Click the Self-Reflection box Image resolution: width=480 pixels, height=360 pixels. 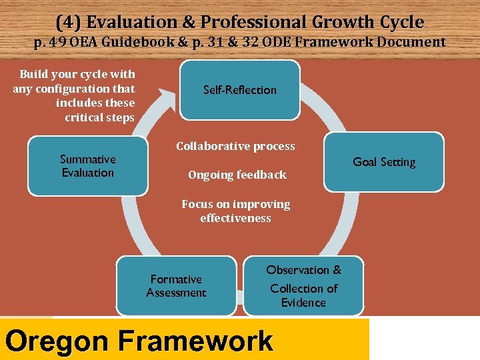(x=239, y=90)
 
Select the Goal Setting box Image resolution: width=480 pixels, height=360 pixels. (x=383, y=162)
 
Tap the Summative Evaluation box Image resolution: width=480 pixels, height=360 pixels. (x=87, y=166)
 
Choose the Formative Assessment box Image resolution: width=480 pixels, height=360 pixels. (x=176, y=286)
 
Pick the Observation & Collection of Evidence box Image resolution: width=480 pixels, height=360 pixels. (x=303, y=286)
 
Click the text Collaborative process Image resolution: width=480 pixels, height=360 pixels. (x=235, y=146)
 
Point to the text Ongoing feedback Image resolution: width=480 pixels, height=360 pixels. (x=237, y=175)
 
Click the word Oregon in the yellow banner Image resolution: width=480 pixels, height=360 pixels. (x=57, y=341)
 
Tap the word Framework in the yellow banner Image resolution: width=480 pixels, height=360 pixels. (x=195, y=341)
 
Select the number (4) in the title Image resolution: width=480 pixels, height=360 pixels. (x=68, y=22)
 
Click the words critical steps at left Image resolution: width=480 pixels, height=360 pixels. (x=99, y=117)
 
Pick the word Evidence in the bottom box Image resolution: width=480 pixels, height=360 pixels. (x=303, y=303)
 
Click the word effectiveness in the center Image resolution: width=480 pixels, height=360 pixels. (x=235, y=218)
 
